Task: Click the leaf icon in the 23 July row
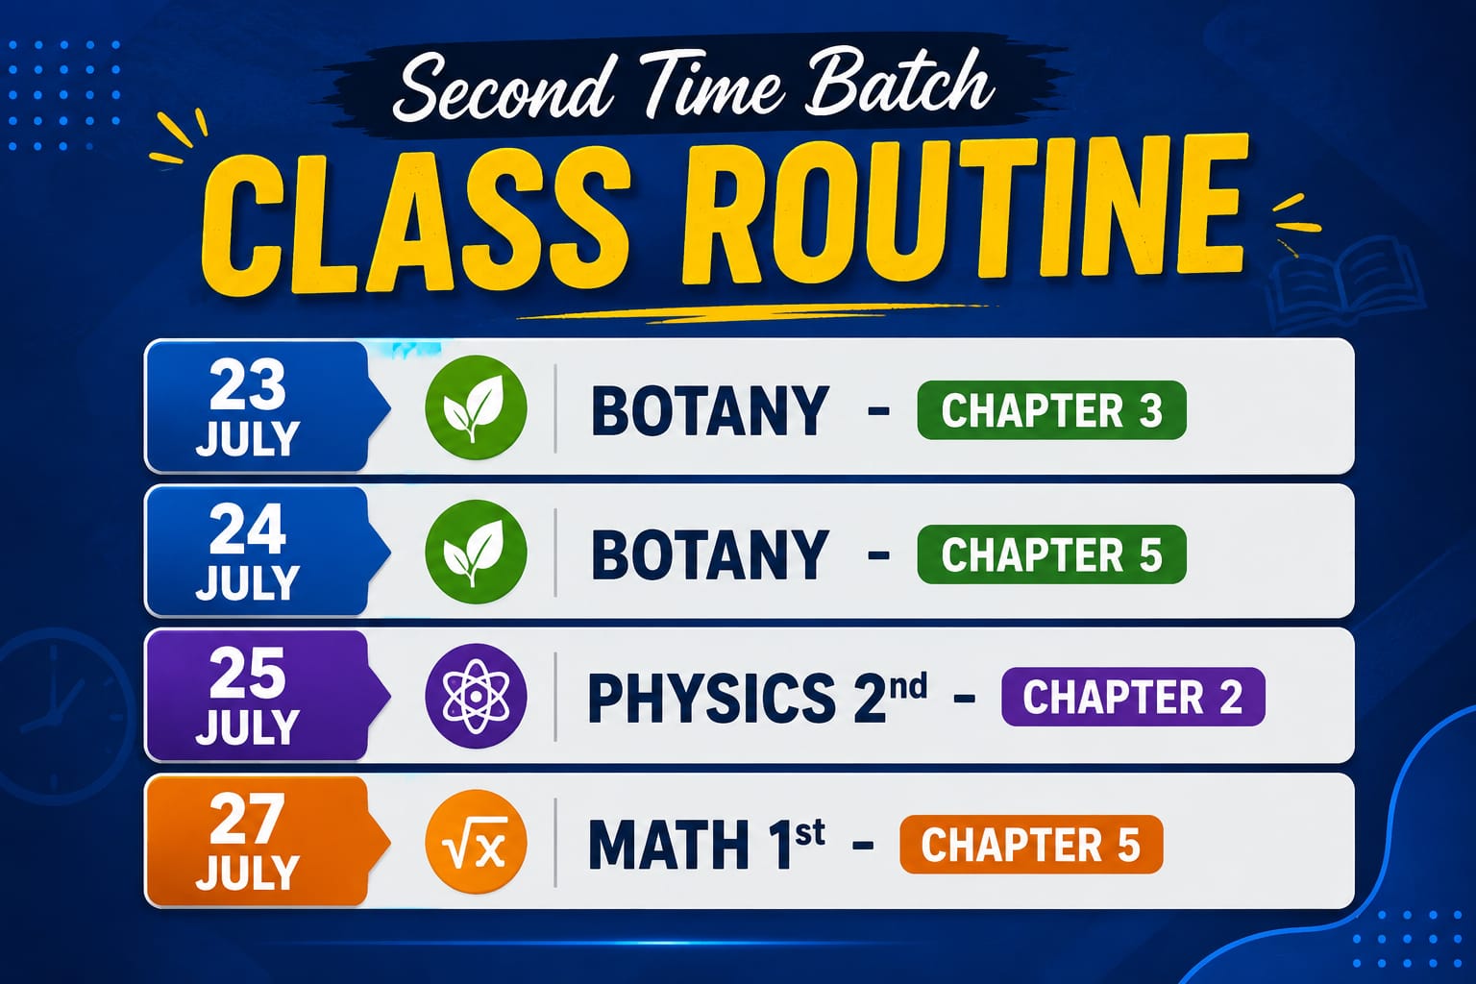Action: pos(476,407)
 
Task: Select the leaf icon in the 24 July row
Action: pos(476,552)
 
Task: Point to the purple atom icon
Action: pos(476,697)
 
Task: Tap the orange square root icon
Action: pos(476,843)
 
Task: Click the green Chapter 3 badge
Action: pos(1051,410)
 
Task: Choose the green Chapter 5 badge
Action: pos(1051,554)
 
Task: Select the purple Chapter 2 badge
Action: pos(1133,697)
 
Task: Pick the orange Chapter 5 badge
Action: pos(1031,845)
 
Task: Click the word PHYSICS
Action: pos(712,698)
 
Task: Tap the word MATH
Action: pos(669,845)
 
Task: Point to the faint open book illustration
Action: pos(1344,283)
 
